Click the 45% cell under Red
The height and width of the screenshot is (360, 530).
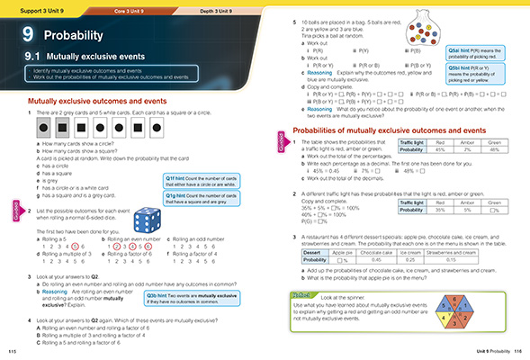pos(440,150)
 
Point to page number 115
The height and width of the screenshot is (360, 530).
pos(12,351)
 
